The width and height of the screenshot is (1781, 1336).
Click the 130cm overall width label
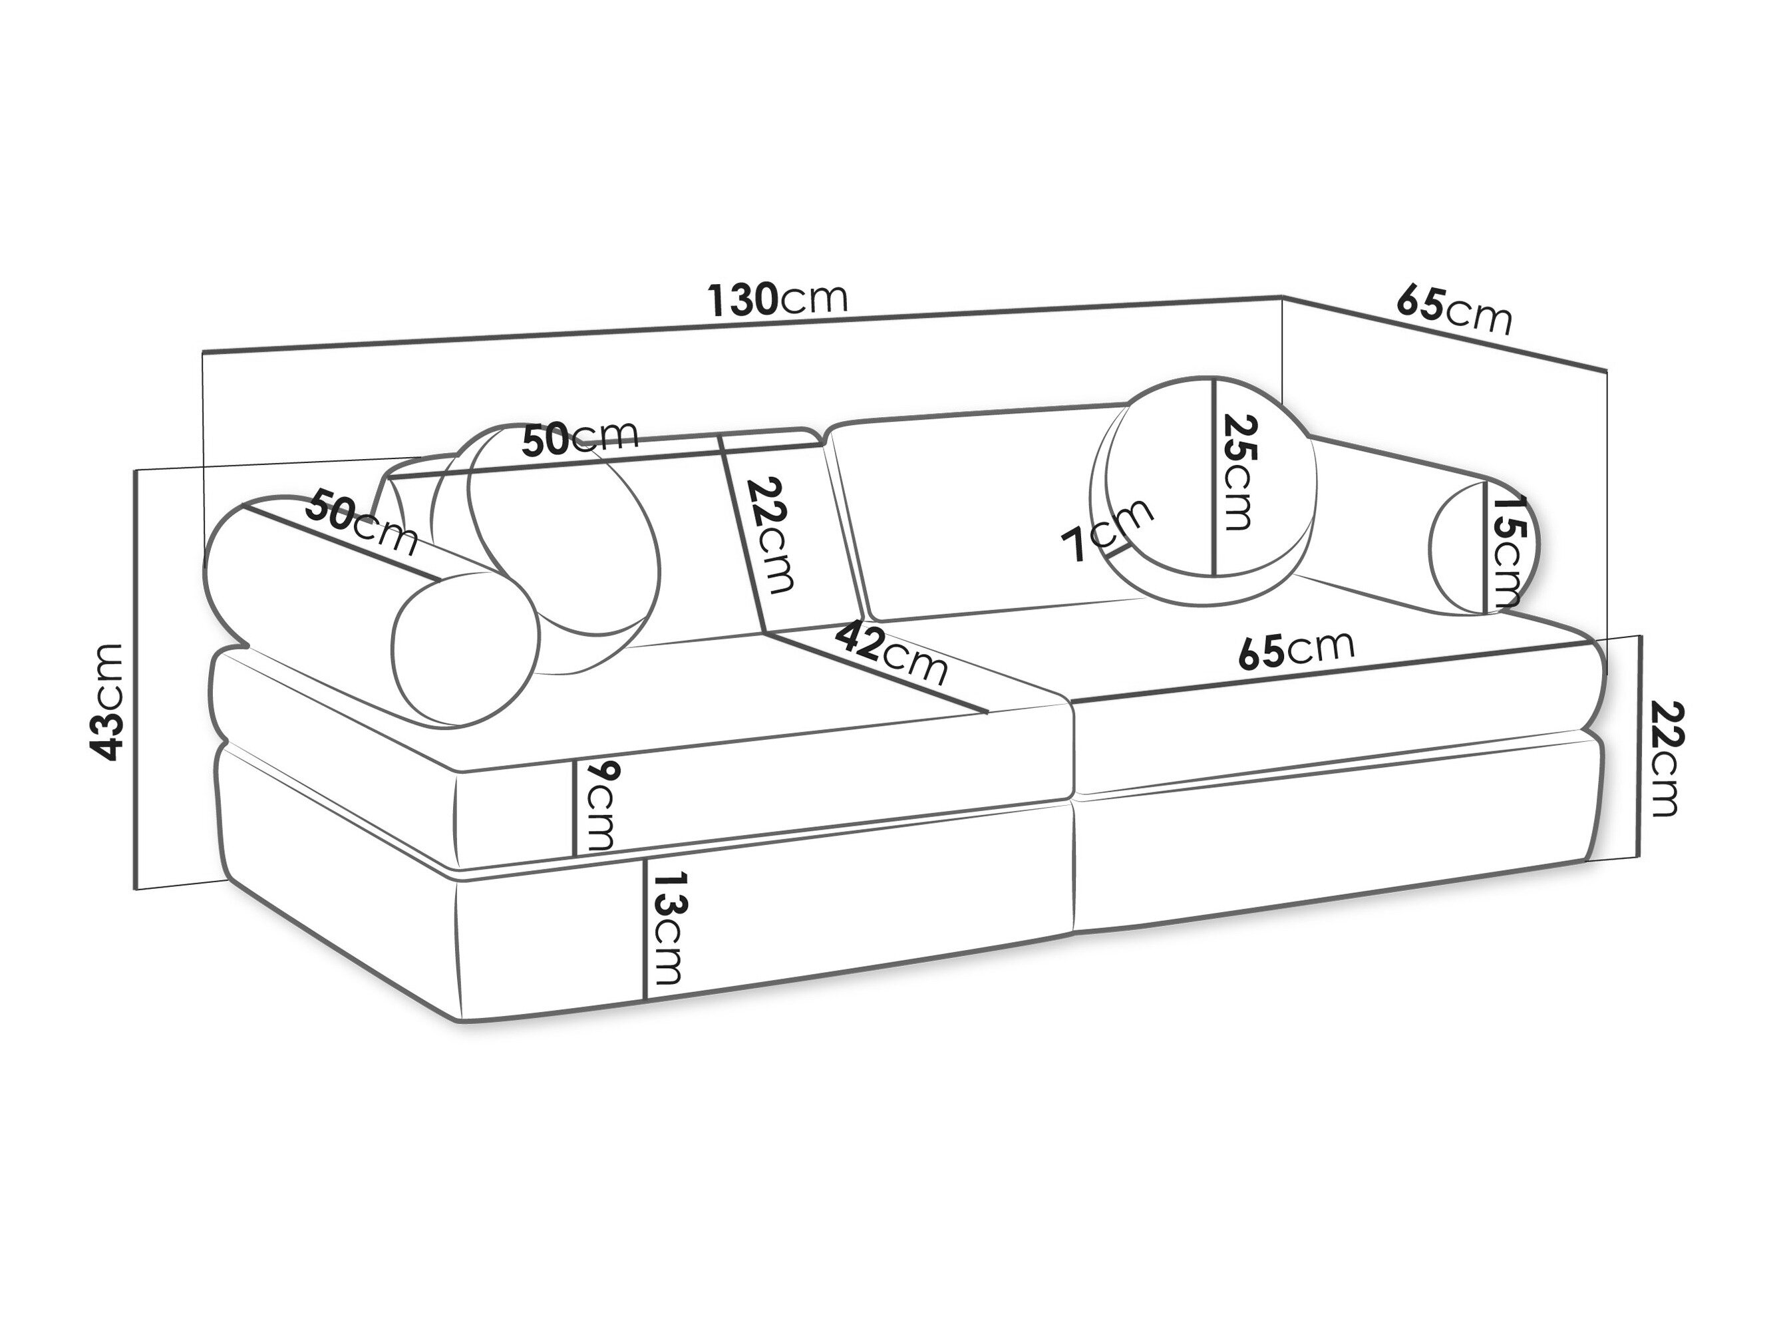(778, 299)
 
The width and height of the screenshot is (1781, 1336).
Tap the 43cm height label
(107, 701)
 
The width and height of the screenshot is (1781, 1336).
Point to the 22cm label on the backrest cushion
(770, 535)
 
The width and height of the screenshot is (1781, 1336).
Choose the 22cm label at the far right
(1666, 758)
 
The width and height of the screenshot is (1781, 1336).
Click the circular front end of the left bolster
(464, 648)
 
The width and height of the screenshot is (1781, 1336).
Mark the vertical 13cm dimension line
(645, 929)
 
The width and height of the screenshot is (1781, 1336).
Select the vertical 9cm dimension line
(574, 807)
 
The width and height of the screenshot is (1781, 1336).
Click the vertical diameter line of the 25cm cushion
(1214, 477)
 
